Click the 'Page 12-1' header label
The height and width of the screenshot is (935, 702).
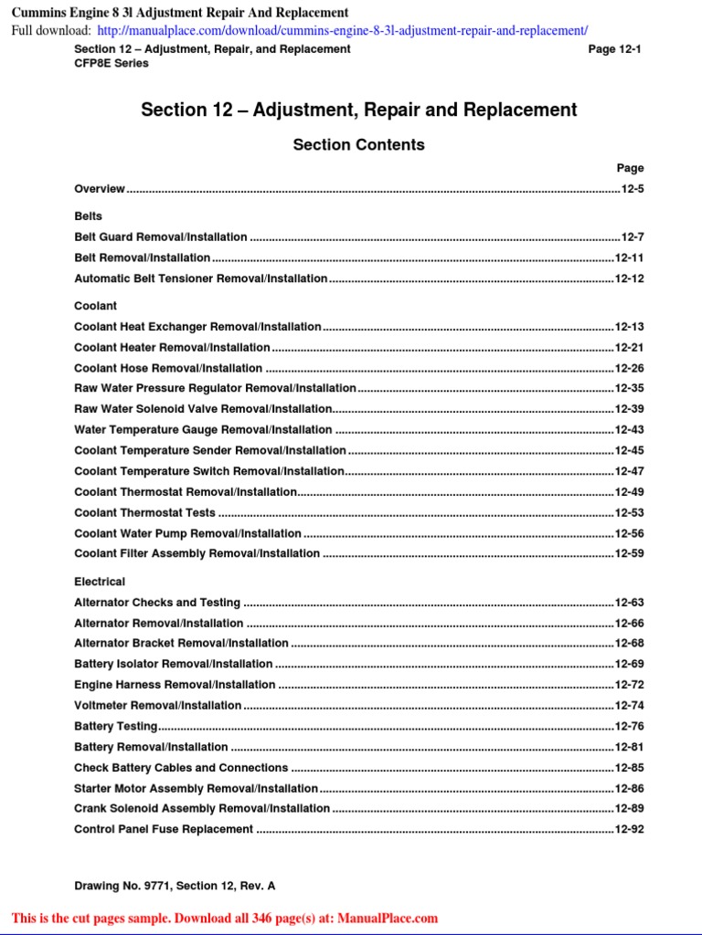[x=614, y=49]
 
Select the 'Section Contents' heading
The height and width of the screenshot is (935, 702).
[x=358, y=144]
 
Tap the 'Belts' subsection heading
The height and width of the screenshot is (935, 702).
[x=88, y=216]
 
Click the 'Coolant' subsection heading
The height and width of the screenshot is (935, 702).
[x=95, y=306]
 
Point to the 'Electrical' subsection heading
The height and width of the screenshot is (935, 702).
[x=100, y=582]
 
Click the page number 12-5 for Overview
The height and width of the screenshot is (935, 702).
[x=633, y=189]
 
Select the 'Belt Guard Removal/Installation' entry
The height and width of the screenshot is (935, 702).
[x=161, y=236]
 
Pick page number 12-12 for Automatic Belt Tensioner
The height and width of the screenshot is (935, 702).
[x=629, y=278]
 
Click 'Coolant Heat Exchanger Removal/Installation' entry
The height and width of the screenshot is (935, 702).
[x=197, y=327]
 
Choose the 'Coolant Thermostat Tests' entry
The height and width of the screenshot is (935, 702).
[x=144, y=513]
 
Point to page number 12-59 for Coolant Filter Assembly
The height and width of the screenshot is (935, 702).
[x=629, y=553]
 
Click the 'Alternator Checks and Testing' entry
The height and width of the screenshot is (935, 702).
[x=157, y=603]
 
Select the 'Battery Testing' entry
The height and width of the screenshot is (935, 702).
[x=115, y=727]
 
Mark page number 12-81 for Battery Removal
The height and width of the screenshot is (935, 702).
[x=629, y=747]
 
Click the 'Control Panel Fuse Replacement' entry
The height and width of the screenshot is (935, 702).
[x=164, y=830]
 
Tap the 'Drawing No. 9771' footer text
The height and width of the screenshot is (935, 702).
[x=175, y=886]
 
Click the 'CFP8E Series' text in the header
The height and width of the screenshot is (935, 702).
[x=111, y=63]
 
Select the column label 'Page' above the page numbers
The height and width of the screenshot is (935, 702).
[x=630, y=168]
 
